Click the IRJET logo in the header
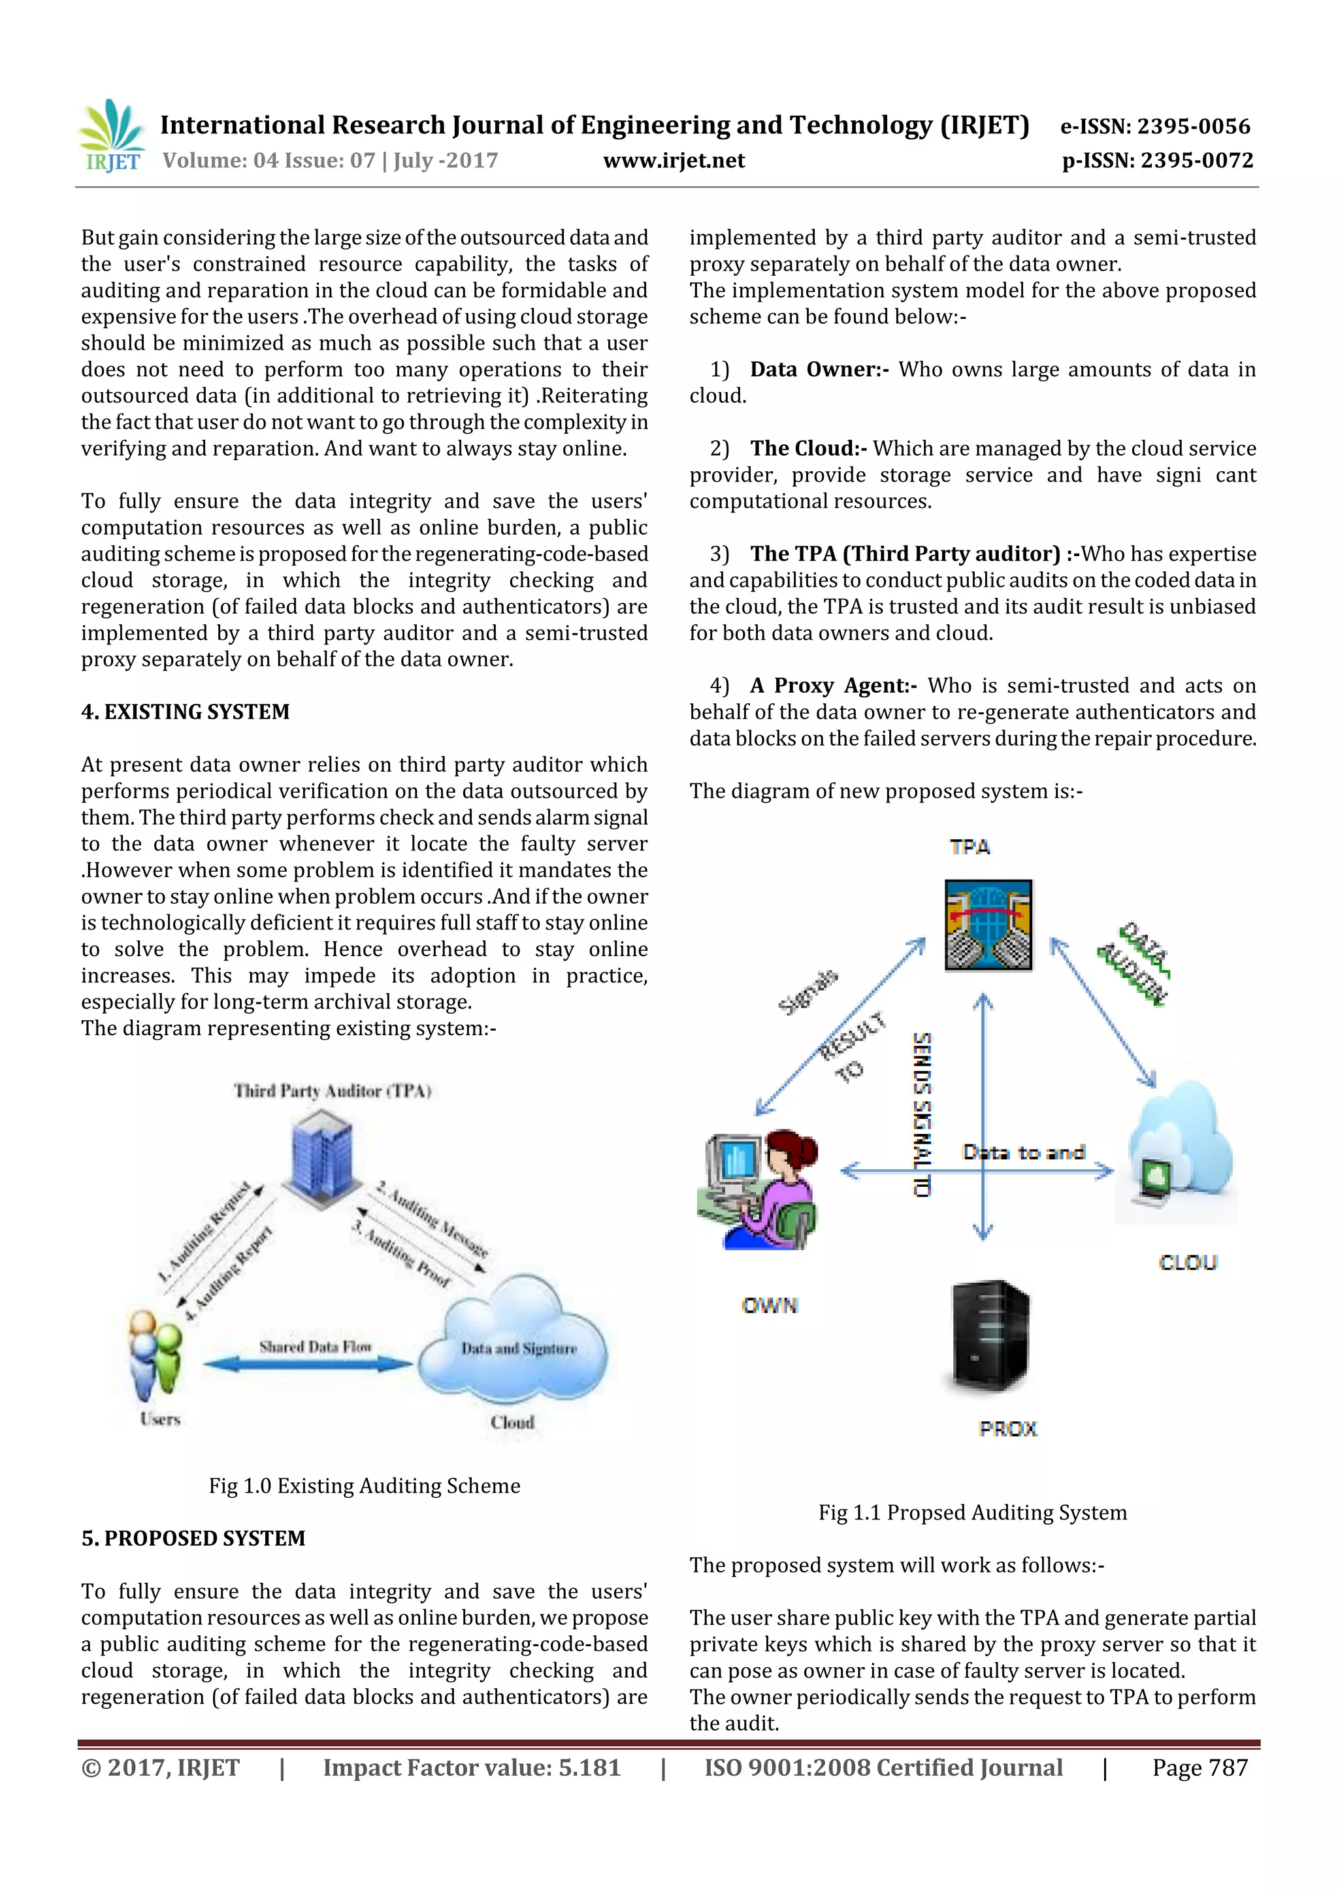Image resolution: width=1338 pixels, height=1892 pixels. (112, 136)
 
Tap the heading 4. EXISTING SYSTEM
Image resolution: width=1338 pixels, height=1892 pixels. (186, 712)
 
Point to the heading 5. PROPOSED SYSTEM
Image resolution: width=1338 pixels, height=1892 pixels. (193, 1538)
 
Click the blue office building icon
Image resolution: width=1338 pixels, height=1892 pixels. (321, 1158)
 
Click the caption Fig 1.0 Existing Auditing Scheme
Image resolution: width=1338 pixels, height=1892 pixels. (364, 1485)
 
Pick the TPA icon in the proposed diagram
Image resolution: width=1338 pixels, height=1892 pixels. (988, 925)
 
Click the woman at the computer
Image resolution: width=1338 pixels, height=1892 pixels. (758, 1189)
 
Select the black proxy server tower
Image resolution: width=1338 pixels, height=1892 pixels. (990, 1336)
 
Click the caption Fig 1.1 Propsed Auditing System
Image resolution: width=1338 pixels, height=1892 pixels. (972, 1513)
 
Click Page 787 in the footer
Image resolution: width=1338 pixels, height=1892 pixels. (1199, 1768)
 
